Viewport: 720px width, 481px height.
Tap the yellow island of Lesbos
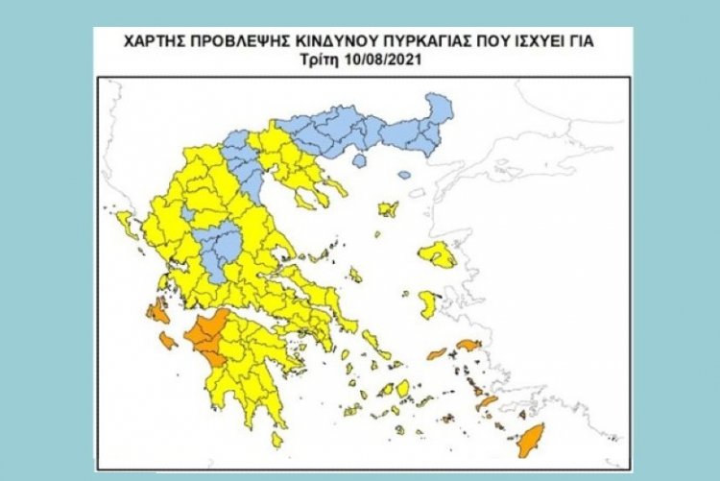click(438, 254)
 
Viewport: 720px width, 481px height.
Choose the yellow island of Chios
click(428, 305)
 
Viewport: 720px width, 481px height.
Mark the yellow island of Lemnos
click(389, 208)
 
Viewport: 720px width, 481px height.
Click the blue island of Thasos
click(359, 160)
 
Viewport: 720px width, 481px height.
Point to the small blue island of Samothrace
click(404, 175)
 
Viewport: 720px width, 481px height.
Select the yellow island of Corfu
click(125, 223)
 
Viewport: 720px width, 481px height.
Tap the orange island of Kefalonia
click(155, 310)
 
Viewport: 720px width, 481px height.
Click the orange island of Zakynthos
click(169, 340)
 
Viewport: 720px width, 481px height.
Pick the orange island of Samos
click(468, 345)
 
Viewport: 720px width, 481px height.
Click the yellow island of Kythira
click(276, 439)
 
